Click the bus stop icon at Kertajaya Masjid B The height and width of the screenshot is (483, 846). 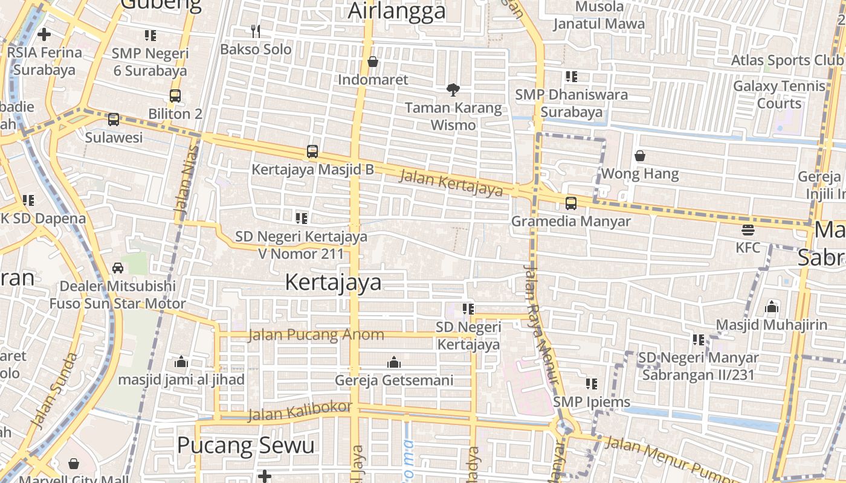(312, 152)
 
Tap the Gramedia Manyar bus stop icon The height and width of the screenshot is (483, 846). (570, 203)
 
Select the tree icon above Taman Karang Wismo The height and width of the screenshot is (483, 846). (453, 90)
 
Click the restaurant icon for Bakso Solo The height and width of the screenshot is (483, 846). (256, 31)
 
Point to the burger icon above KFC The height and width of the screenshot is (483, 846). (748, 230)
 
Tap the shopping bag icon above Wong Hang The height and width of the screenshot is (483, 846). (640, 156)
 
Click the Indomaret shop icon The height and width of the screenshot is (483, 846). (373, 62)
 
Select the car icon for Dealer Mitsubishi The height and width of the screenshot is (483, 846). (118, 267)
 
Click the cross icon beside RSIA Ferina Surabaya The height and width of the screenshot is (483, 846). (44, 34)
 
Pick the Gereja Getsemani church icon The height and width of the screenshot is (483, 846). (394, 362)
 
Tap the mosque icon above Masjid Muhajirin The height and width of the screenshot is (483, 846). (771, 307)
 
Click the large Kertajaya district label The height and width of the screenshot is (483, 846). (333, 282)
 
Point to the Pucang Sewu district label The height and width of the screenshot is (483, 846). (245, 446)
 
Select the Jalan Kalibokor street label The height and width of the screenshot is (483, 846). (300, 411)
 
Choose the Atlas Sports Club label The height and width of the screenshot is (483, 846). (787, 60)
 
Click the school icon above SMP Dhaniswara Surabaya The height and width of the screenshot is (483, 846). (571, 77)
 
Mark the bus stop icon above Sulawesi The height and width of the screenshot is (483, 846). (114, 120)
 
